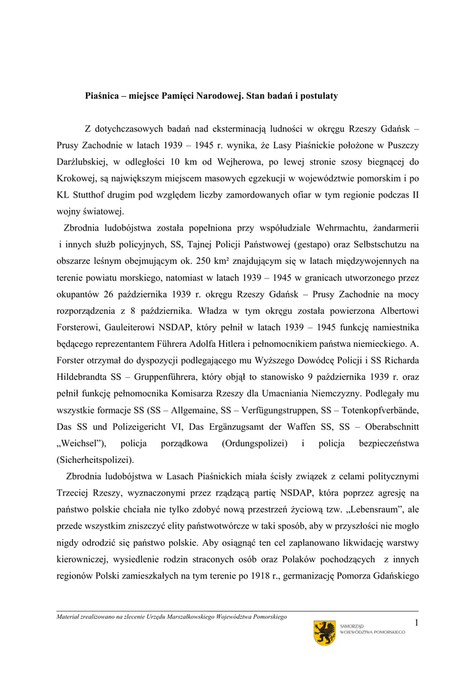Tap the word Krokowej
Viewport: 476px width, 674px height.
[x=78, y=178]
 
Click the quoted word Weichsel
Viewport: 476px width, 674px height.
[x=82, y=443]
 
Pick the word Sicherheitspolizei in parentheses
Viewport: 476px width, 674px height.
[x=95, y=459]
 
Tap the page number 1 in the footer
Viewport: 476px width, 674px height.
[x=416, y=623]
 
